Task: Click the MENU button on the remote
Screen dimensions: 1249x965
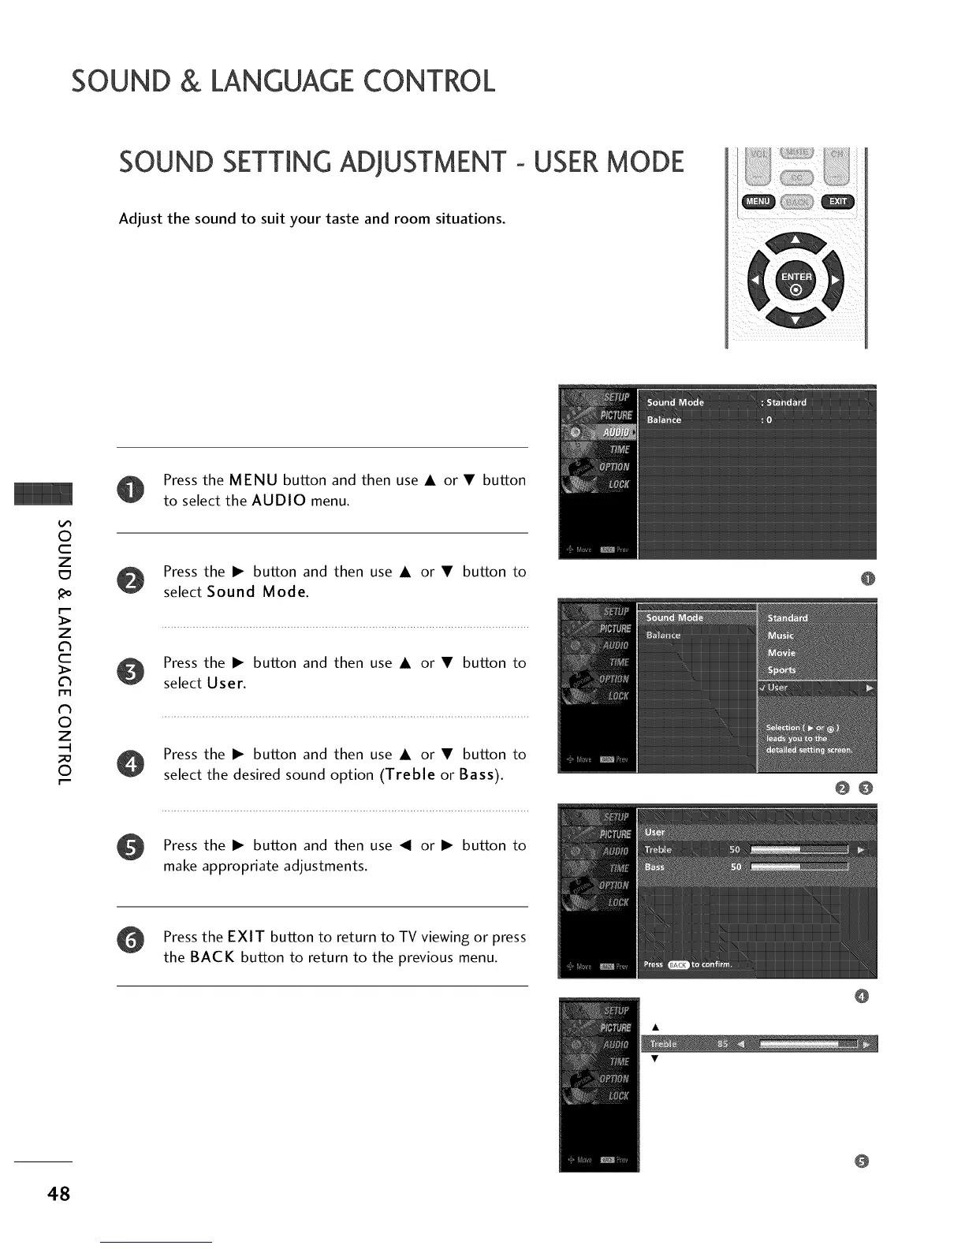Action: pos(757,202)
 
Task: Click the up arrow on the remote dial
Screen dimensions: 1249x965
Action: pos(795,240)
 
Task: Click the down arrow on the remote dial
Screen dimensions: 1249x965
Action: pos(795,319)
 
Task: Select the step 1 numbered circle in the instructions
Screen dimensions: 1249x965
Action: pos(131,490)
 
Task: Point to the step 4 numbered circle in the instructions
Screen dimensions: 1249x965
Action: pos(131,764)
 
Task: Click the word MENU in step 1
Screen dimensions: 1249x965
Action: pos(253,480)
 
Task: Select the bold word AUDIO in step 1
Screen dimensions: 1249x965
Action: pos(279,501)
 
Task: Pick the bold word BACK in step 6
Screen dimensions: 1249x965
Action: pos(212,957)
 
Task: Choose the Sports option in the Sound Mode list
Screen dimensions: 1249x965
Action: pos(781,670)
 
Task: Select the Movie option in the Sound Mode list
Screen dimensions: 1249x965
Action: pos(781,653)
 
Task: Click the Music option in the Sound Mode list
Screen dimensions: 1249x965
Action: pos(781,636)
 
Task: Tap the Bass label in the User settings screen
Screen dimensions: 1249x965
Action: pos(654,867)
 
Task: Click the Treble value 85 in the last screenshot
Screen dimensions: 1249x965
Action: pos(722,1044)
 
